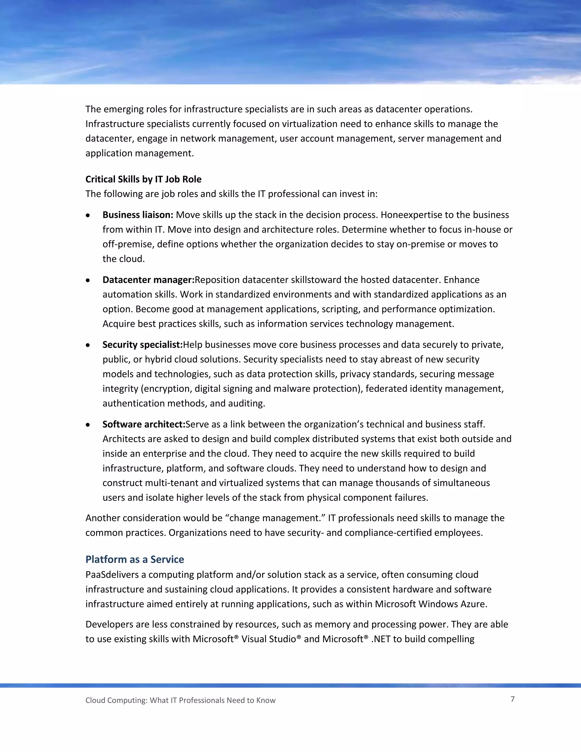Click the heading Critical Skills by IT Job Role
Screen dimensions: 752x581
click(143, 179)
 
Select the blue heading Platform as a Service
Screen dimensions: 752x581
click(134, 559)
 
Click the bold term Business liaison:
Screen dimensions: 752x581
click(138, 215)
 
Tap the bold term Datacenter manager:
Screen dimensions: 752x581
click(148, 280)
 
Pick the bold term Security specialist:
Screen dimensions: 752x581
click(142, 345)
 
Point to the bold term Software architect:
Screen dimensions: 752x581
click(144, 424)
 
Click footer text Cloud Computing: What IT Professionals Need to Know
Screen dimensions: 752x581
click(180, 700)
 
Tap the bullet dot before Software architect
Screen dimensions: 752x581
click(88, 425)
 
